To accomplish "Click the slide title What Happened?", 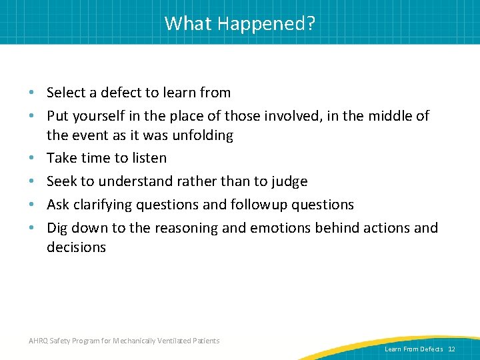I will (x=240, y=23).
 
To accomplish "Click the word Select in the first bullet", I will (x=67, y=93).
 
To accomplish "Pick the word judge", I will (x=287, y=181).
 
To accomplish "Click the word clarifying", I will (x=103, y=205).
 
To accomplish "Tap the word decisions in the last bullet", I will (x=76, y=247).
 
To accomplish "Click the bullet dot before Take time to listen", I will (x=33, y=159).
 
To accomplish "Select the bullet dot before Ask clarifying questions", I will (x=33, y=205).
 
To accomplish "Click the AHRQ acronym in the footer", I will (x=37, y=341).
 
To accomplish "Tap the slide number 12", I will (x=451, y=349).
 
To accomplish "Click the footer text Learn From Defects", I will (x=413, y=349).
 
